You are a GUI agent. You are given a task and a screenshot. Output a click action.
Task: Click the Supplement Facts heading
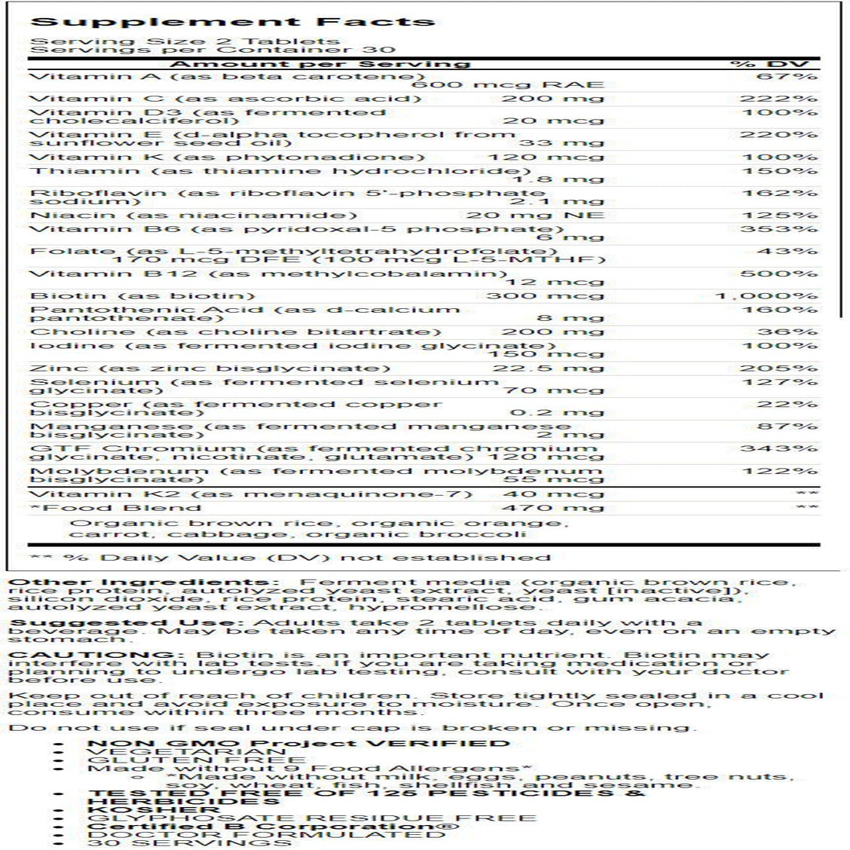click(232, 21)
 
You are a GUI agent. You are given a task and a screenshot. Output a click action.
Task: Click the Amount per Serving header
click(320, 64)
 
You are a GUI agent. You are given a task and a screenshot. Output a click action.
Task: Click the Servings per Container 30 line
click(185, 50)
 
